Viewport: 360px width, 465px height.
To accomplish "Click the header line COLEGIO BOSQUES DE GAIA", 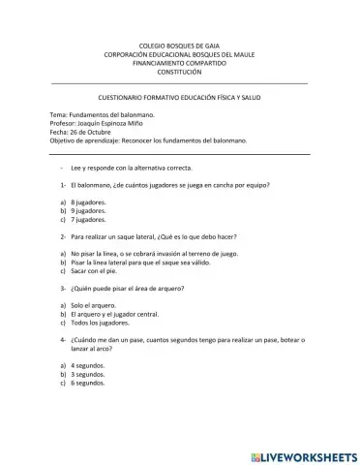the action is [179, 46].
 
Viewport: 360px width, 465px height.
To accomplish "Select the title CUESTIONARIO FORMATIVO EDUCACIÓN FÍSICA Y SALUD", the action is [179, 100].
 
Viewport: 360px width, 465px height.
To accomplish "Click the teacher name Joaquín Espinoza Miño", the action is [110, 125].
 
